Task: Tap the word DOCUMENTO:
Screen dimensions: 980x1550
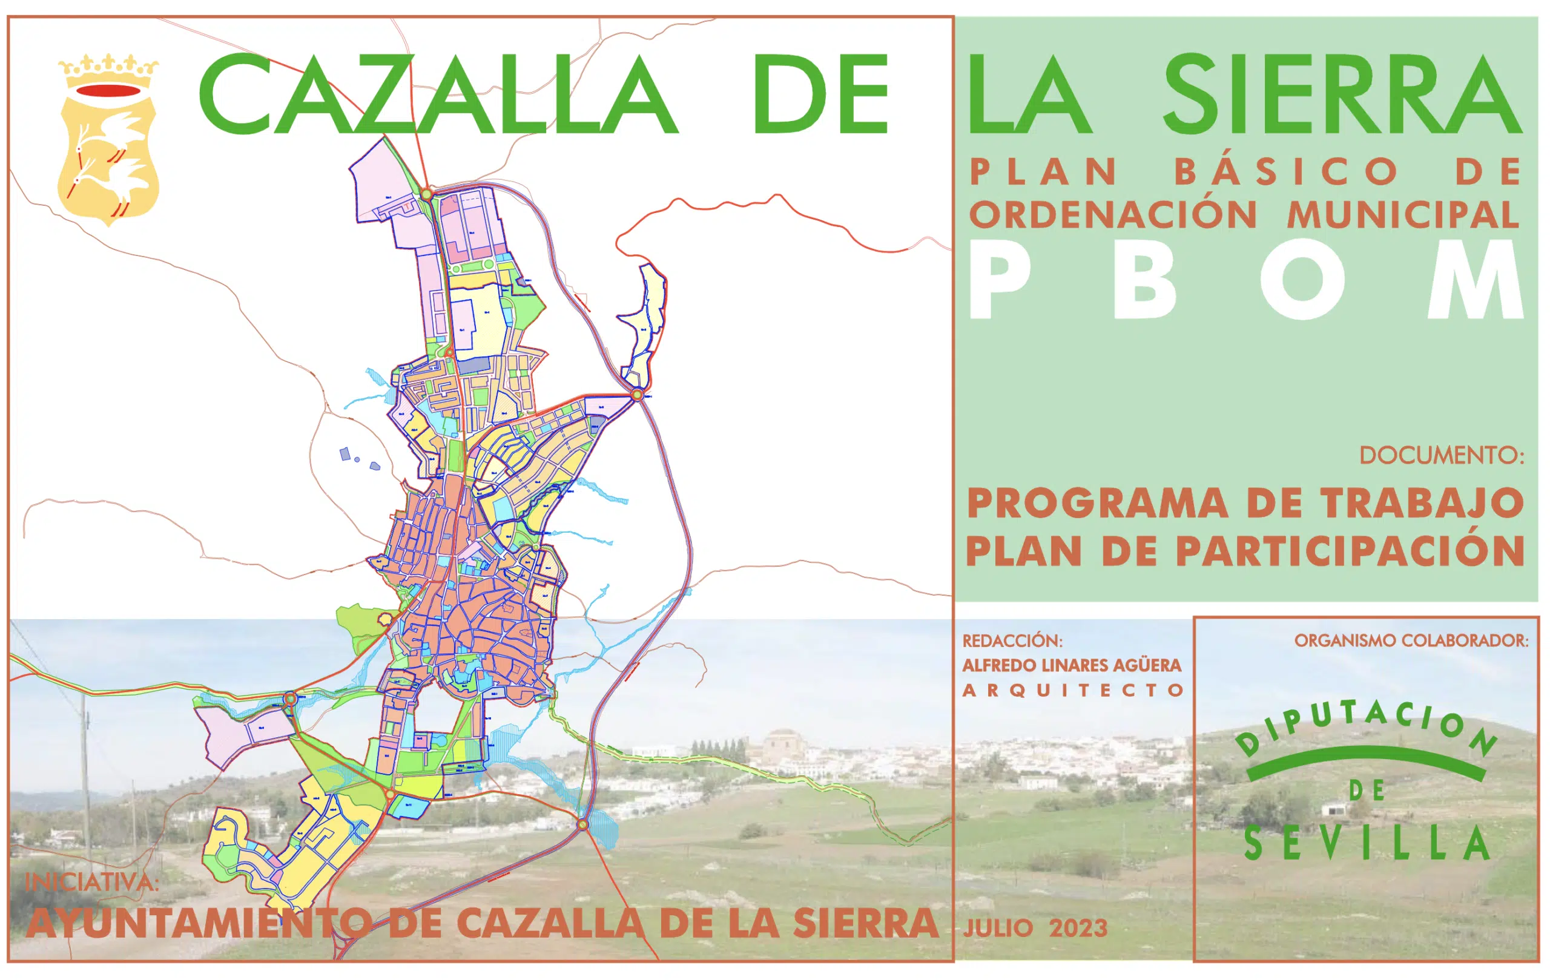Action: [x=1441, y=456]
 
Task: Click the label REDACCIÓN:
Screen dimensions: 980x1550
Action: [x=1012, y=641]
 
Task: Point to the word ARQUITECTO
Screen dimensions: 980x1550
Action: [x=1073, y=691]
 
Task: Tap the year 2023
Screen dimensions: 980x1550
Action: [x=1078, y=928]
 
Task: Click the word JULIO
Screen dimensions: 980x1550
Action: [x=998, y=929]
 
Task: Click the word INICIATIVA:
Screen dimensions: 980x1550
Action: [x=91, y=881]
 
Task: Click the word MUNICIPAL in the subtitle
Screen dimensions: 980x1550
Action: [x=1403, y=215]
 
